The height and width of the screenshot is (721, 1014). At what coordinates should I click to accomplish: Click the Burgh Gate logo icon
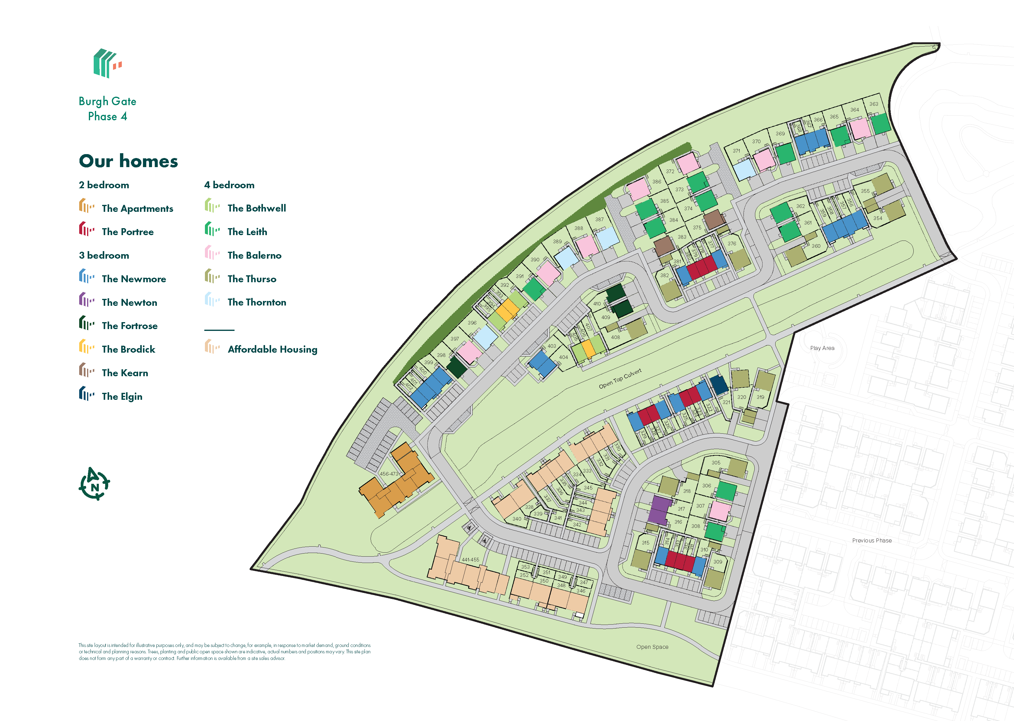pyautogui.click(x=107, y=63)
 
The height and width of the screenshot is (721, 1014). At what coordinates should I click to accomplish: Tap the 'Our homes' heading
pyautogui.click(x=128, y=161)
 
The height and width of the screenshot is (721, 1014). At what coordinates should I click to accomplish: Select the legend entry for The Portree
pyautogui.click(x=128, y=232)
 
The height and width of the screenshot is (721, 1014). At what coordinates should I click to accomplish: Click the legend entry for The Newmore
pyautogui.click(x=134, y=279)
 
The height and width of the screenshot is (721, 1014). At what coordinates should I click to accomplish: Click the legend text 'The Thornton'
pyautogui.click(x=257, y=302)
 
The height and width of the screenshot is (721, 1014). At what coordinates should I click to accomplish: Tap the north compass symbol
pyautogui.click(x=94, y=483)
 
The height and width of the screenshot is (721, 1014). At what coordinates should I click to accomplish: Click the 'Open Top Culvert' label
pyautogui.click(x=620, y=379)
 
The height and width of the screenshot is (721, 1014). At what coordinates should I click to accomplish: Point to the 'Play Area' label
pyautogui.click(x=822, y=348)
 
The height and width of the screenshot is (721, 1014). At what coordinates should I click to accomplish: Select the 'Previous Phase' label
pyautogui.click(x=871, y=540)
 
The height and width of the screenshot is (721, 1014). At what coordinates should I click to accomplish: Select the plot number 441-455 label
pyautogui.click(x=470, y=559)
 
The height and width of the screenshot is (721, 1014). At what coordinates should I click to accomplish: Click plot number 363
pyautogui.click(x=873, y=104)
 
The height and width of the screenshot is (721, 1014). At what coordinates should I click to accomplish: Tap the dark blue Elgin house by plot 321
pyautogui.click(x=719, y=384)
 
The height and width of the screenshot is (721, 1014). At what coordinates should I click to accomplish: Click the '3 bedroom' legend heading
pyautogui.click(x=104, y=255)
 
